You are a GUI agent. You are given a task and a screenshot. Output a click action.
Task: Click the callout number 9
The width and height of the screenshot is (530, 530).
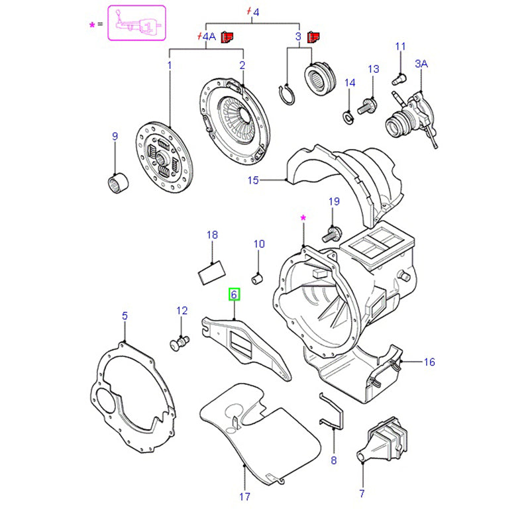click(115, 137)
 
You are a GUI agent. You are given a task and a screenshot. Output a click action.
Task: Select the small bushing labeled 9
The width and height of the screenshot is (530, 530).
click(117, 182)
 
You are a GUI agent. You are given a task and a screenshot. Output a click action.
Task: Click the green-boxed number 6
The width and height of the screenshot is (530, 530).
click(234, 293)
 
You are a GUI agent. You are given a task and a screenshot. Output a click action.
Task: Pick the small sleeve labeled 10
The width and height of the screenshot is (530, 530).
click(260, 275)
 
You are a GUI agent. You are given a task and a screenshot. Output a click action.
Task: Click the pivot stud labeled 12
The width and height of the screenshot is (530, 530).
click(180, 343)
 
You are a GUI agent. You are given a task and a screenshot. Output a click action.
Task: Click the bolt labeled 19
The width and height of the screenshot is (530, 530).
click(331, 232)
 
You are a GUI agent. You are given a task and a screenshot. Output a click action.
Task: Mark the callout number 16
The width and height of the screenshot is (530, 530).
click(429, 362)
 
